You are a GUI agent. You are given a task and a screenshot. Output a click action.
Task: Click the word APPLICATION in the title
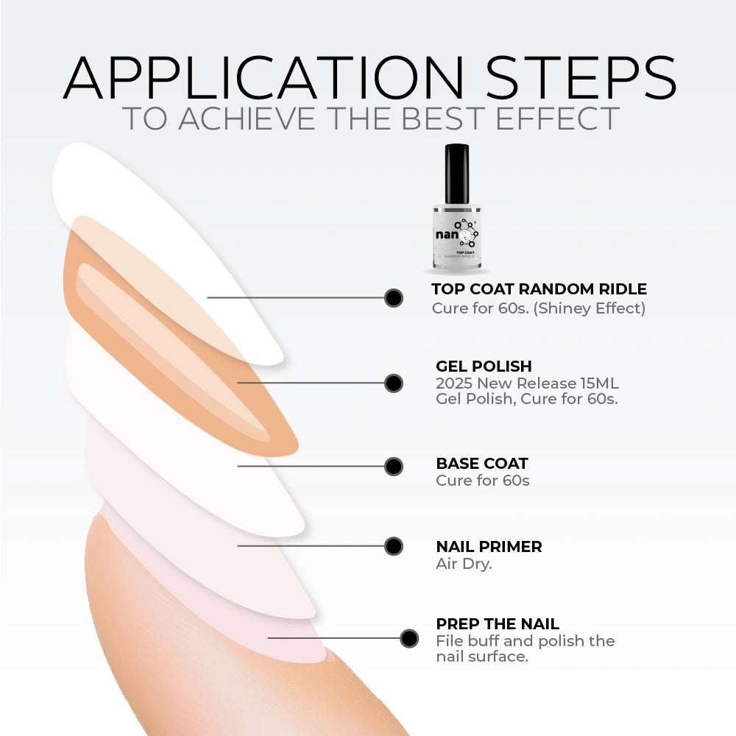[263, 77]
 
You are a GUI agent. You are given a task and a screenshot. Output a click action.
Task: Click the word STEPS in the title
[581, 77]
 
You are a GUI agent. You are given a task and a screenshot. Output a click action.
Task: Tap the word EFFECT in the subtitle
[558, 118]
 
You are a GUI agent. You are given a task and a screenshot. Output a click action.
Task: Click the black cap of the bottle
[457, 174]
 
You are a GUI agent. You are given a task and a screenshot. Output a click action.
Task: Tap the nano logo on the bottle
[456, 233]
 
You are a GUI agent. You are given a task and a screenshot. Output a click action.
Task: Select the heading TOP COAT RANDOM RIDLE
[539, 289]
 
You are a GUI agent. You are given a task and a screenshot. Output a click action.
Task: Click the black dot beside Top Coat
[393, 298]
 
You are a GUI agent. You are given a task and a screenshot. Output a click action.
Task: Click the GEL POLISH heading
[484, 366]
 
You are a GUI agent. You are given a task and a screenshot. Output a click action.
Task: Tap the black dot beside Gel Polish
[393, 383]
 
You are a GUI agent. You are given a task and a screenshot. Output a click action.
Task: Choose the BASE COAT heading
[482, 463]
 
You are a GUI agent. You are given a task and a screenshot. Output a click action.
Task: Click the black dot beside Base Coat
[393, 467]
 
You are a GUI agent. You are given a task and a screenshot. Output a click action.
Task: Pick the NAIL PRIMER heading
[489, 546]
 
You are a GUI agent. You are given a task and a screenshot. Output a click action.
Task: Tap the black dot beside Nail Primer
[393, 546]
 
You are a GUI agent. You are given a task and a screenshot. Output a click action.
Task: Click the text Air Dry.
[464, 564]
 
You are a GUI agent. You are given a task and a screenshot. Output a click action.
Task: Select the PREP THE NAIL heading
[498, 624]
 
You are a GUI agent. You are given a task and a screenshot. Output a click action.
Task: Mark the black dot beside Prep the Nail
[409, 638]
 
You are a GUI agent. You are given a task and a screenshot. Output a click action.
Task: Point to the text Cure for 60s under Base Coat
[483, 481]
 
